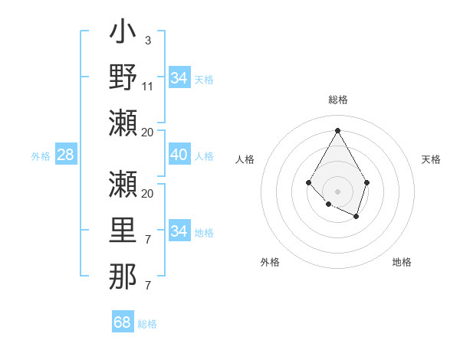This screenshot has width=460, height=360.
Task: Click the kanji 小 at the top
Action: [123, 34]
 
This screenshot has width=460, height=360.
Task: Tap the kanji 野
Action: [123, 77]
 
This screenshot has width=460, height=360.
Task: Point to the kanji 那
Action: [123, 277]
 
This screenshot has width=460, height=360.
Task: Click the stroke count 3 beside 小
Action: [147, 40]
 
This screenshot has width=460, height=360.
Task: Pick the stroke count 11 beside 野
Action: [148, 86]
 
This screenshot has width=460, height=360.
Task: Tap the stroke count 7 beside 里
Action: [147, 240]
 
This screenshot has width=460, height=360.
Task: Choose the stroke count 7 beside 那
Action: [147, 286]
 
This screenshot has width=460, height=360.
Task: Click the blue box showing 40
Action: [179, 155]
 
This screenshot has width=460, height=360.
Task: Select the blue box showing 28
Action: [66, 155]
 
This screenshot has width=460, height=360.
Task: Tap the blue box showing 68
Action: [123, 322]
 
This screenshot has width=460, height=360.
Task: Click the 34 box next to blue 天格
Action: [179, 78]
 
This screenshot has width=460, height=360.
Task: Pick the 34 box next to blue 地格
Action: [179, 231]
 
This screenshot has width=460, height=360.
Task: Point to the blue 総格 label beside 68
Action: [147, 324]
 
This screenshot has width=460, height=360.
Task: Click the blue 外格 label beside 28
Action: [41, 156]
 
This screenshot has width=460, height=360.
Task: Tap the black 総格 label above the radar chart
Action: [337, 100]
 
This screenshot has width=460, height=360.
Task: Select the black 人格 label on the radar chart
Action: [245, 159]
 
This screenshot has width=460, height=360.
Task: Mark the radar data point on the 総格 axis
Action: [337, 130]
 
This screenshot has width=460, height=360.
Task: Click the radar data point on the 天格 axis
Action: [367, 182]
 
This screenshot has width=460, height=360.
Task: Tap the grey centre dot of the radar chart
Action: [337, 191]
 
